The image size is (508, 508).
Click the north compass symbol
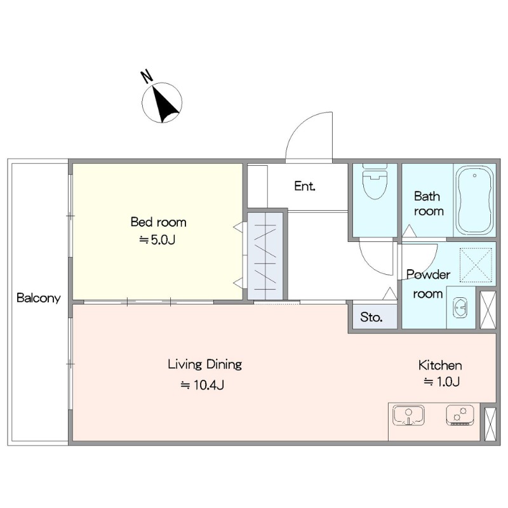162,103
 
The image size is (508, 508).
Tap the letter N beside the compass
147,76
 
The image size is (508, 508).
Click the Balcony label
39,298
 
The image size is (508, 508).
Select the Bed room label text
158,222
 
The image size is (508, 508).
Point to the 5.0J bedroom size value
157,240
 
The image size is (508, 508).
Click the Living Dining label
204,364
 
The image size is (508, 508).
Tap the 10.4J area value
203,385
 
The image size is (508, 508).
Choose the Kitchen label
440,366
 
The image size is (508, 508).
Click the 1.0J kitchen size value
442,382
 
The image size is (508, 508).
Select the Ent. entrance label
305,186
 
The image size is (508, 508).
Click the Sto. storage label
371,317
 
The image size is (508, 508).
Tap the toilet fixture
375,182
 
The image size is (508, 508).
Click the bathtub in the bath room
474,200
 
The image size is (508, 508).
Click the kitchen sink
408,415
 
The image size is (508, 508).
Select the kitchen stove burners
460,415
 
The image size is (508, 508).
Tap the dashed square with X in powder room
476,264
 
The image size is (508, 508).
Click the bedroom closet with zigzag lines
265,257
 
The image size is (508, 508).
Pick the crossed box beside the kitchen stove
490,424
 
